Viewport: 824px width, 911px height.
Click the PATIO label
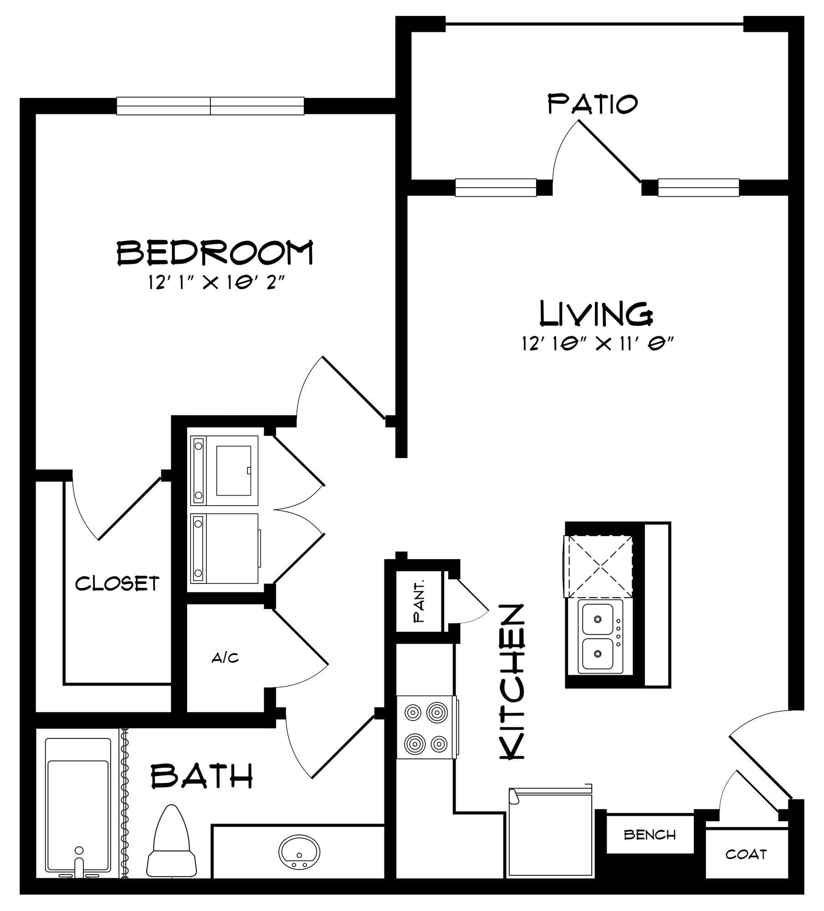pos(592,104)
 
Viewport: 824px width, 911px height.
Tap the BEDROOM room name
pos(215,253)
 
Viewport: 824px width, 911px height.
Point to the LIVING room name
pos(596,314)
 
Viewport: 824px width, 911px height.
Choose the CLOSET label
pos(118,583)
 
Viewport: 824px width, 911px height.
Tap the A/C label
pos(225,658)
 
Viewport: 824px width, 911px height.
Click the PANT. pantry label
pos(418,601)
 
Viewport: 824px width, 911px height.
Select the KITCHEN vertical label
pos(512,682)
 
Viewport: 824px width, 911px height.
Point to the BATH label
pos(202,775)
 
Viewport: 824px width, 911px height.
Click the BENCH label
pos(650,835)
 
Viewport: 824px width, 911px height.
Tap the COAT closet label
pos(746,854)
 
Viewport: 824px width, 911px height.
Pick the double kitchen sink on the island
pos(600,636)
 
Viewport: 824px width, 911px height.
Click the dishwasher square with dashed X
pos(599,566)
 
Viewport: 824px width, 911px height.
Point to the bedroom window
pos(210,106)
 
